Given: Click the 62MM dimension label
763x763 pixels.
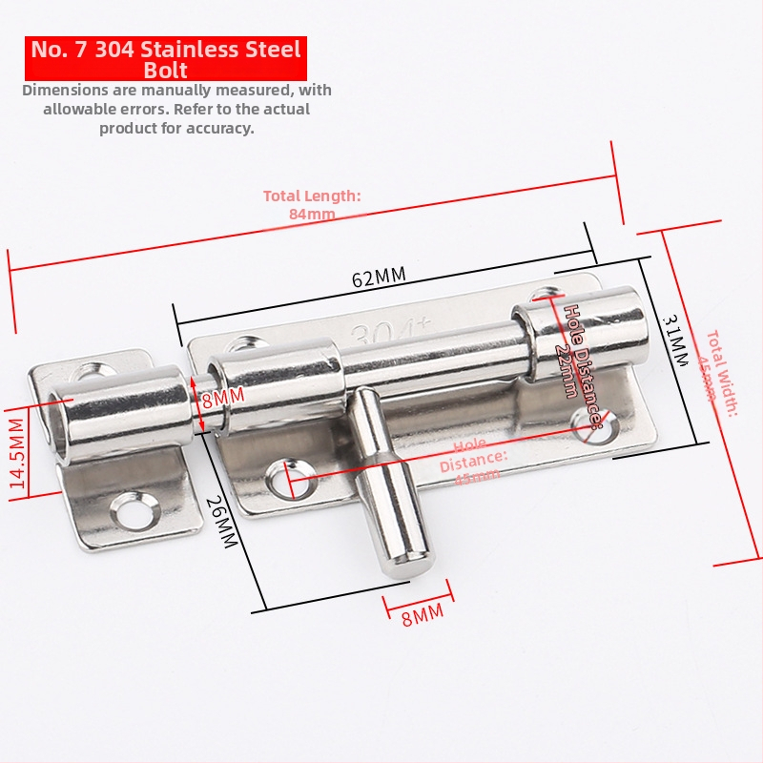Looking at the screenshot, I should [379, 278].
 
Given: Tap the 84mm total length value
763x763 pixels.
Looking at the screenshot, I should [312, 214].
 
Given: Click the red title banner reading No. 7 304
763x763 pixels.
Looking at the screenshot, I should [165, 58].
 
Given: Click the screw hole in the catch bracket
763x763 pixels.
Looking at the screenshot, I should [134, 512].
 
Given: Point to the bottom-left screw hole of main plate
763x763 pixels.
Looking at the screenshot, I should [287, 475].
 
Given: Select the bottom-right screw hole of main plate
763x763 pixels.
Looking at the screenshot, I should [586, 421].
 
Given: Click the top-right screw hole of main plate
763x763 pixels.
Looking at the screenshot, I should [546, 295].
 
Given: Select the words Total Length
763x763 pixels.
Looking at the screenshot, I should [312, 196].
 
